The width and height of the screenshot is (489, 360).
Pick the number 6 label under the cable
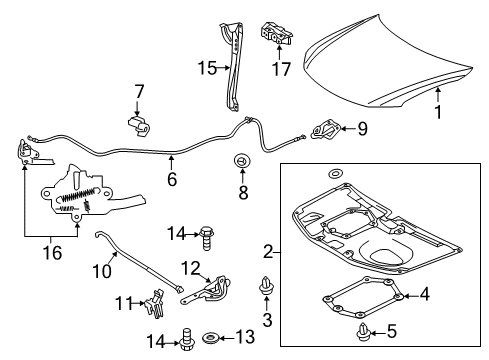click(171, 180)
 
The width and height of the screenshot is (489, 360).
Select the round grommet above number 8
click(241, 160)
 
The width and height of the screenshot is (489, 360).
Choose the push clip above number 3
click(267, 286)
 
